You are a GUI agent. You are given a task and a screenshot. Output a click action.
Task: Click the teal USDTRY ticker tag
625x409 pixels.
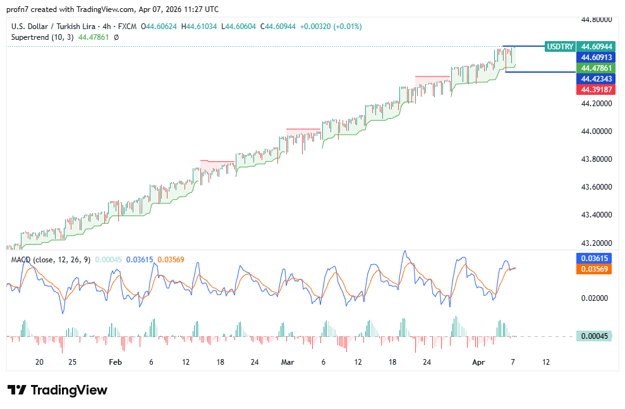click(560, 47)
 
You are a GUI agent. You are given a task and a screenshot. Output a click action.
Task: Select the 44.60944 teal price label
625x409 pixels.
click(597, 47)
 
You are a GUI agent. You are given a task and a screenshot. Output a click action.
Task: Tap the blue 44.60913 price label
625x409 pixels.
click(597, 58)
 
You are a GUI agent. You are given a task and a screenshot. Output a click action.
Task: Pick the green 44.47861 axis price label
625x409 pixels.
click(597, 68)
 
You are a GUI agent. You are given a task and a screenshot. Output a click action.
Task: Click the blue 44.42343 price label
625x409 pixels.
click(597, 79)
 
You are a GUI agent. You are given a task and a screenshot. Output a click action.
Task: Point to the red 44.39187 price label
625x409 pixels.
click(597, 90)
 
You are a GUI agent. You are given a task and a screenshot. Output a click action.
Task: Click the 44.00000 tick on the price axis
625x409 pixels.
click(597, 131)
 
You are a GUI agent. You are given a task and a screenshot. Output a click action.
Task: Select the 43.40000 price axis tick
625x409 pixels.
click(597, 215)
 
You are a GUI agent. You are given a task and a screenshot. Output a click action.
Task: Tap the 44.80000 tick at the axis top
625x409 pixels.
click(597, 20)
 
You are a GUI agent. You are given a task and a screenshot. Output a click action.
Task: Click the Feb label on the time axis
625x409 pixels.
click(114, 362)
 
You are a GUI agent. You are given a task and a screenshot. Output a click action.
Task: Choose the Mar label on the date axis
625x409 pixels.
click(288, 362)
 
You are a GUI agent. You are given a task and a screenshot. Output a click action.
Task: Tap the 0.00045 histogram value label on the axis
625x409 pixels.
click(594, 336)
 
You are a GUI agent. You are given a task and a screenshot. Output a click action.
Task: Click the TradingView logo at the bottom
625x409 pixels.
click(58, 390)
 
